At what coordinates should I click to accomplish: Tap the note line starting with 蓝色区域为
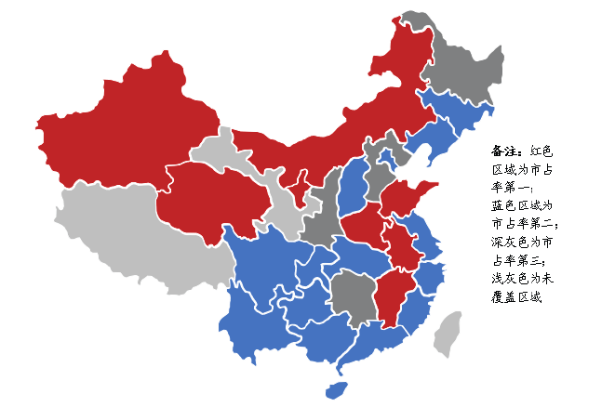point(521,205)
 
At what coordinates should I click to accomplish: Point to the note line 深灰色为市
point(521,242)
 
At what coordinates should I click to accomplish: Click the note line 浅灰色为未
point(521,278)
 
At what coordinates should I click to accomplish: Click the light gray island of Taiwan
point(450,334)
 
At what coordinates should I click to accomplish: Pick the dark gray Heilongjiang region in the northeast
point(461,65)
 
